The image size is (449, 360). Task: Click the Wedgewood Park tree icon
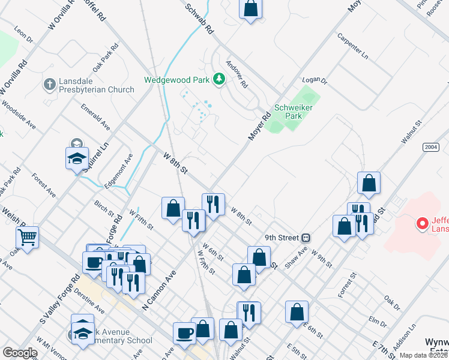tap(220, 79)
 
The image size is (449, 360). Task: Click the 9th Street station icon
tap(306, 238)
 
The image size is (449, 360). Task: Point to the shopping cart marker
tap(27, 237)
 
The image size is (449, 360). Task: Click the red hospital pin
tap(423, 224)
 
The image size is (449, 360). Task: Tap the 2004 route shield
tap(430, 146)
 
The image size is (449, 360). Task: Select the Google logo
tap(20, 352)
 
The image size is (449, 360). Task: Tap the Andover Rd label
tap(237, 74)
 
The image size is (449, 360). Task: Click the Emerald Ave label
tap(97, 116)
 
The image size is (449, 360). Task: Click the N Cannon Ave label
tap(158, 290)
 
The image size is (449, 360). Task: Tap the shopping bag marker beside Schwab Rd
tap(251, 9)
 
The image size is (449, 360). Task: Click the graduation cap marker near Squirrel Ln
tap(77, 158)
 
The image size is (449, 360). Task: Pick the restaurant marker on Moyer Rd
tap(213, 205)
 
